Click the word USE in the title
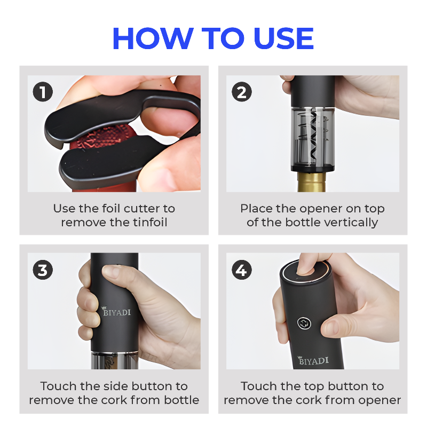coord(283,38)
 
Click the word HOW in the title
coord(153,38)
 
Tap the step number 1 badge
coord(43,92)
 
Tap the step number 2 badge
coord(242,92)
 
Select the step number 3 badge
coord(43,270)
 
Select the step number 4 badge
coord(242,270)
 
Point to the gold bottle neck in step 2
coord(311,181)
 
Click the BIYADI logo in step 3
coord(116,311)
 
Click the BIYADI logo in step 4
coord(313,361)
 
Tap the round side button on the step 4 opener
coord(304,323)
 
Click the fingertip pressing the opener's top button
coord(304,270)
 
